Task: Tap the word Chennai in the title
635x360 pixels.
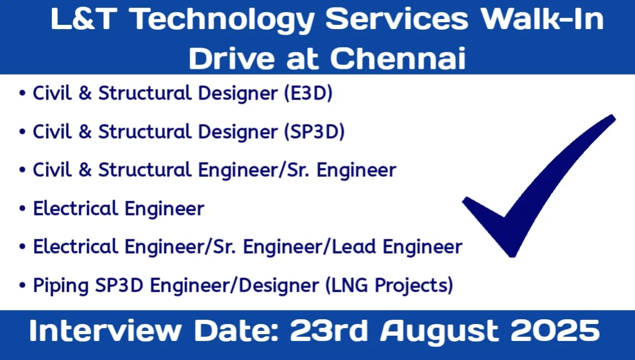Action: (398, 58)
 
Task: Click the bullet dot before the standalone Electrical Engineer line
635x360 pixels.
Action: (22, 209)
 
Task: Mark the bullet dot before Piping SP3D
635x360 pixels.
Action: (22, 286)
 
